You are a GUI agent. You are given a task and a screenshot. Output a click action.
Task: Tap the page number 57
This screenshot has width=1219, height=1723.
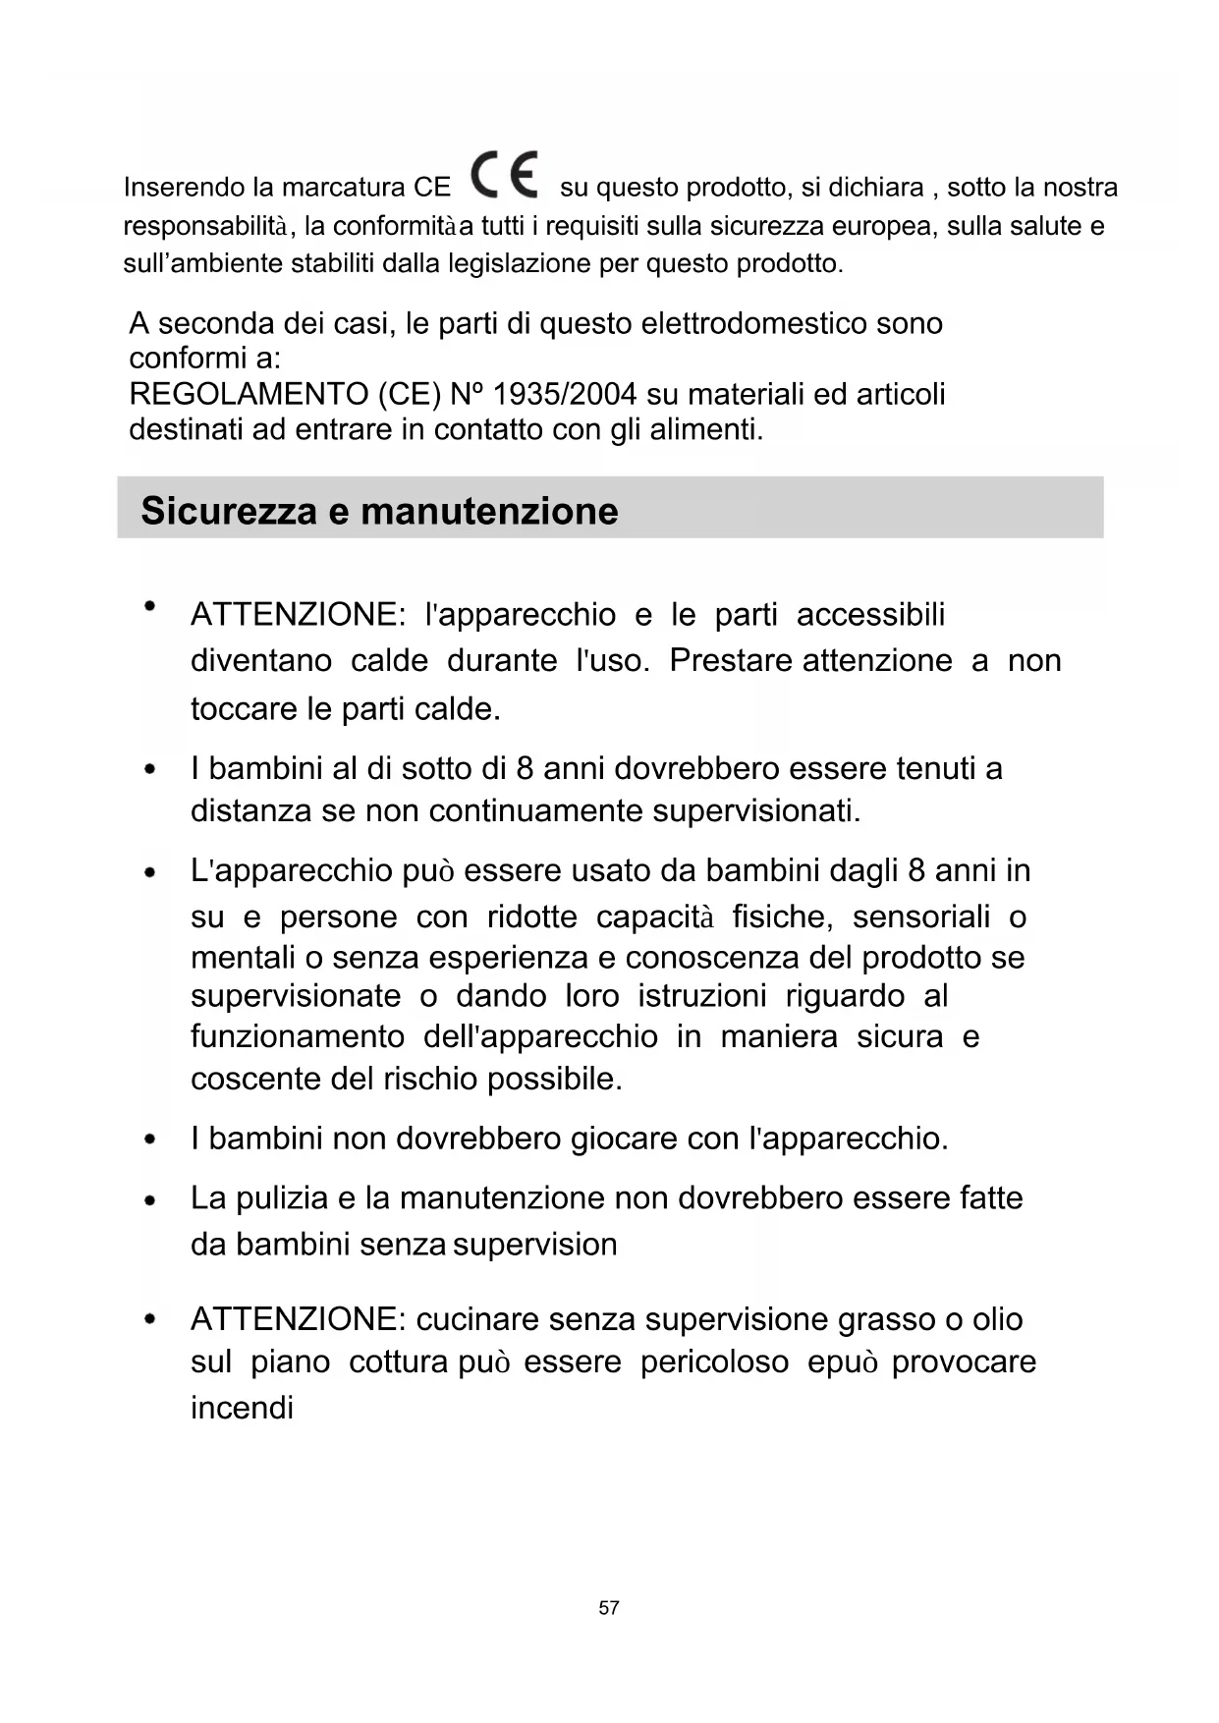609,1607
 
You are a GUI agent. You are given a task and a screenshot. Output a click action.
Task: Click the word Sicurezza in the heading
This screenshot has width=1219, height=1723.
229,511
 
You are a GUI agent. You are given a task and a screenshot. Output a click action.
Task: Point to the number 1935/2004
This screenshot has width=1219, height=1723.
564,394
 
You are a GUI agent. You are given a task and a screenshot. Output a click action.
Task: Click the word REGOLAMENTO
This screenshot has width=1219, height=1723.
248,394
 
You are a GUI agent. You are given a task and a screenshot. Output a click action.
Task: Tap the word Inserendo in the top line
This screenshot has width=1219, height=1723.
184,187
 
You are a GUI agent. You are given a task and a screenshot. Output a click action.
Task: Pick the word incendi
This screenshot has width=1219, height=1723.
242,1408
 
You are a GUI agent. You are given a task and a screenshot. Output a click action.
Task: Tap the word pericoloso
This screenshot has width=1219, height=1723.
714,1362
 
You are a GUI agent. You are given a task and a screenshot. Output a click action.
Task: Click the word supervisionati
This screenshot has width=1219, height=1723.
756,810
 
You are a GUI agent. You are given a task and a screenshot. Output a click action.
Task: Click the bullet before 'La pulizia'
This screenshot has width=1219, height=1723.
150,1199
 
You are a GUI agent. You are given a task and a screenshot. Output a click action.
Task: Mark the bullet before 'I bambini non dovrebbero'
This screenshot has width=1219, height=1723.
150,1139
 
